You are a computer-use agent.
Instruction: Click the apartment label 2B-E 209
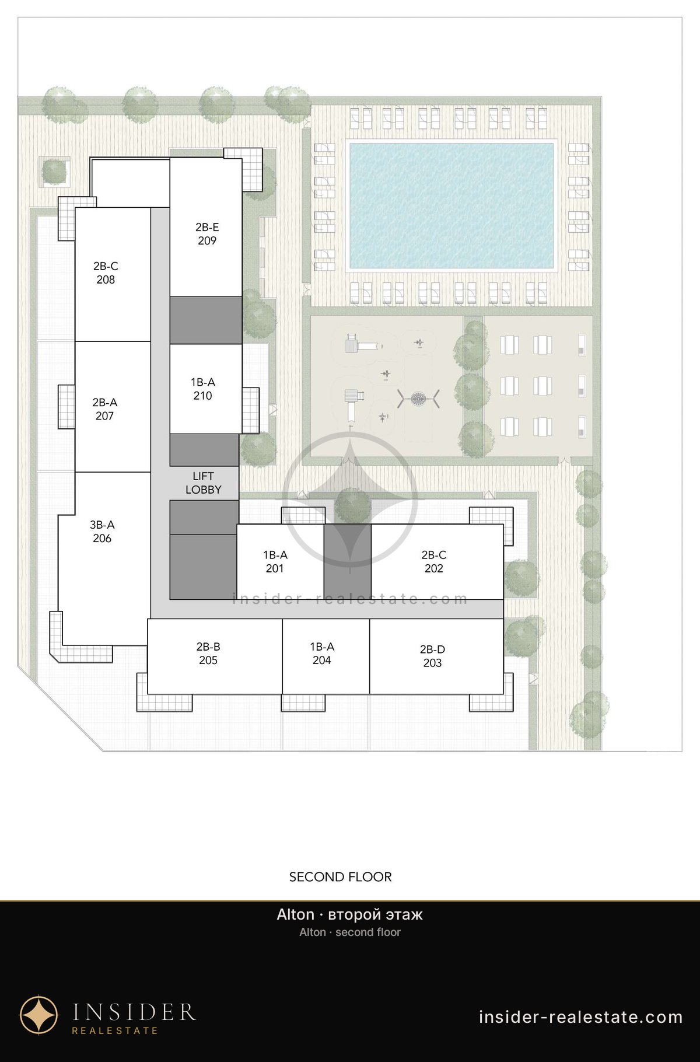[207, 234]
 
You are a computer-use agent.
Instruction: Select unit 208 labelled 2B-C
[106, 273]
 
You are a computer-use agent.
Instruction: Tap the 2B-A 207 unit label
[105, 409]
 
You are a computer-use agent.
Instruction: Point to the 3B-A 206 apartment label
[102, 532]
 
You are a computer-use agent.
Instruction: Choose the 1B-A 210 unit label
[203, 389]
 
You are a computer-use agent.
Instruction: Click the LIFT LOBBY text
[203, 483]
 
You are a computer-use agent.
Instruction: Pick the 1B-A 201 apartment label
[275, 562]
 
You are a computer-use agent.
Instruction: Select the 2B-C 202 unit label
[434, 562]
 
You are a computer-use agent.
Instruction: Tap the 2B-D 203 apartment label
[432, 656]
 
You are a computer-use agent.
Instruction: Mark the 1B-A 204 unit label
[322, 654]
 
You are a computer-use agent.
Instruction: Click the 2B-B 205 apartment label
[208, 654]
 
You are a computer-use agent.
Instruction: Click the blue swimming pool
[451, 205]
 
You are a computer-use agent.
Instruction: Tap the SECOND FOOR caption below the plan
[341, 877]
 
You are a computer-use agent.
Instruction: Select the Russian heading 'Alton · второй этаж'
[350, 914]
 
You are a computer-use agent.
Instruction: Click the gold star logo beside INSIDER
[39, 1015]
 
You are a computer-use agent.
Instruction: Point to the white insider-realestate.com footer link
[580, 1017]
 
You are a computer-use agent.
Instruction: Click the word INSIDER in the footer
[134, 1012]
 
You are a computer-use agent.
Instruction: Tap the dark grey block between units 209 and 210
[205, 320]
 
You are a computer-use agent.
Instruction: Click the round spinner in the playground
[418, 399]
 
